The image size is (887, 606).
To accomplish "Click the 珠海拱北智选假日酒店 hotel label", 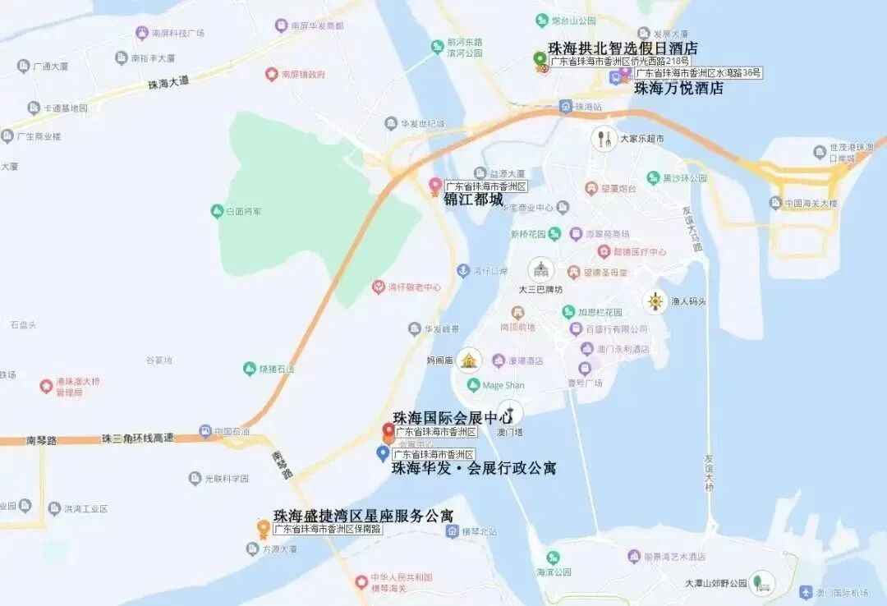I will [x=623, y=48].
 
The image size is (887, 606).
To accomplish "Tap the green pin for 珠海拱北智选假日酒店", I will [x=539, y=59].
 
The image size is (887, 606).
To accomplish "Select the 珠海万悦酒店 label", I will [x=678, y=88].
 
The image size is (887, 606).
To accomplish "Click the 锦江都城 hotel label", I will [x=473, y=199].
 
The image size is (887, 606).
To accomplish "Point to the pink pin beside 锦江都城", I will [x=435, y=186].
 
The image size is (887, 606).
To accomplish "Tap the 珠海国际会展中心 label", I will [x=453, y=418].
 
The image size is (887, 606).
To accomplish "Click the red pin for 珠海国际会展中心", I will [x=388, y=430].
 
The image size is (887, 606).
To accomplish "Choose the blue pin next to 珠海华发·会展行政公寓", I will [x=383, y=452].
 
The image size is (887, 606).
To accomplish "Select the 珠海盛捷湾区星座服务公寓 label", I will [x=363, y=516].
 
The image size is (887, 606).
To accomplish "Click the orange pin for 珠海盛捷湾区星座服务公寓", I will [x=264, y=527].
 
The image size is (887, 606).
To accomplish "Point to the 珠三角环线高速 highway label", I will [x=137, y=438].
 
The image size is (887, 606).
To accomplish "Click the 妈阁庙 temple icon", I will [x=469, y=360].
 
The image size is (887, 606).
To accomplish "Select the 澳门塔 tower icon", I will [x=510, y=412].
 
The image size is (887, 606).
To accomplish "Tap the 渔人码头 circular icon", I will [x=655, y=301].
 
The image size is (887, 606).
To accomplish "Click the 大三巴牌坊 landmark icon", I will [x=540, y=269].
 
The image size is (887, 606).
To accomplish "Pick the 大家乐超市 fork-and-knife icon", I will [x=604, y=139].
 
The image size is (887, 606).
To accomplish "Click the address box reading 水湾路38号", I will [x=698, y=73].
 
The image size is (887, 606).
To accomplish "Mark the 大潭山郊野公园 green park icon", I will [x=762, y=582].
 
